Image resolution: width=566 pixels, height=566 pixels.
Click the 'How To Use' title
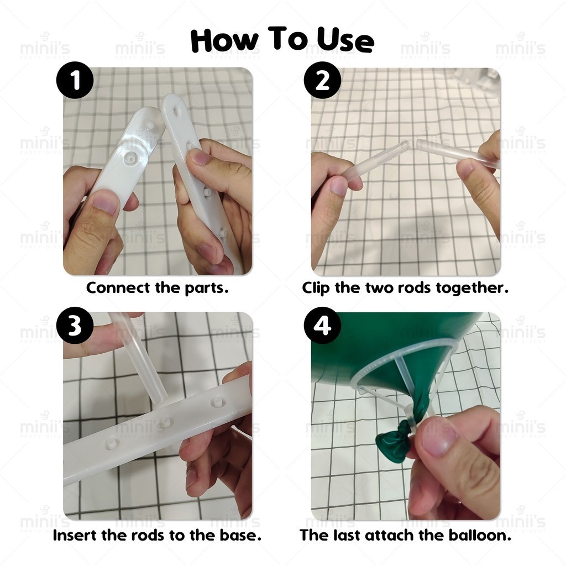pos(282,40)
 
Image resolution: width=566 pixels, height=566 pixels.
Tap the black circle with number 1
pos(75,80)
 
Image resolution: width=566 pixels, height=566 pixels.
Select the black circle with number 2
pos(322,80)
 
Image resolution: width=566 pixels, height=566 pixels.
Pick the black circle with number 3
pos(75,326)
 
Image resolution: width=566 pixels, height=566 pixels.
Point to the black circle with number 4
pos(322,326)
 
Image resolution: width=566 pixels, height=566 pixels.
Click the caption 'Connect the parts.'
pos(158,288)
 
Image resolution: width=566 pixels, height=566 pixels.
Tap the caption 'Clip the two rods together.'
pos(405,288)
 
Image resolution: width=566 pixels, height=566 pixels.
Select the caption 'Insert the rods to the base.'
pos(157,535)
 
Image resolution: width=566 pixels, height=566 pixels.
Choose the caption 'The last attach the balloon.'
pos(405,535)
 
